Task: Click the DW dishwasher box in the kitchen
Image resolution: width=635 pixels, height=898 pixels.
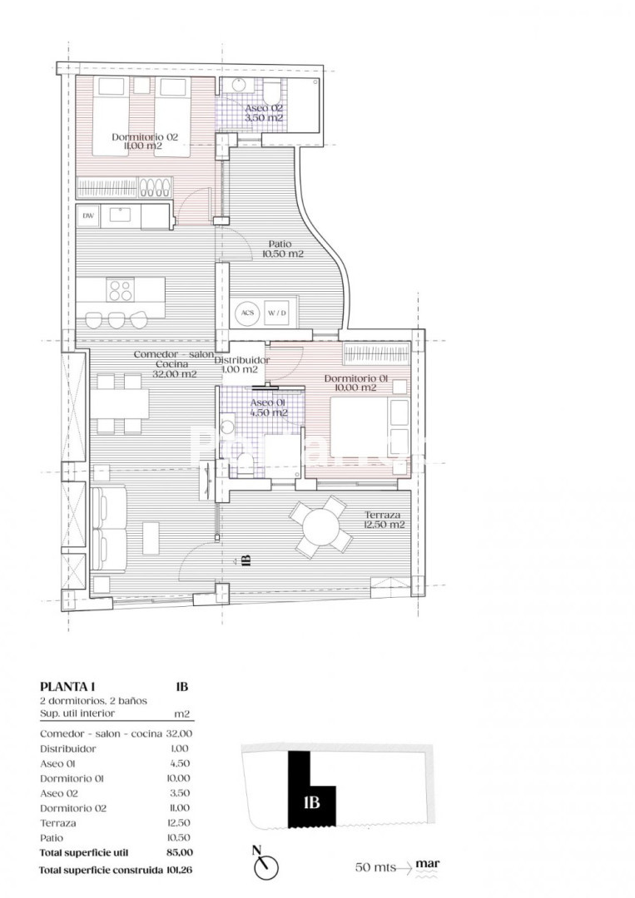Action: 89,216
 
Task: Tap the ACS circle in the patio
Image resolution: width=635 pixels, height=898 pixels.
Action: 247,313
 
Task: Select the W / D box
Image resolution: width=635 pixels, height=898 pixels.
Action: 276,313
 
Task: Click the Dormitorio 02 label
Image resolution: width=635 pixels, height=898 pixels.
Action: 145,141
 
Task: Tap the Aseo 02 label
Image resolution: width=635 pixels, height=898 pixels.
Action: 264,113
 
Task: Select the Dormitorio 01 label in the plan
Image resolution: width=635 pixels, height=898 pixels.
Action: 356,382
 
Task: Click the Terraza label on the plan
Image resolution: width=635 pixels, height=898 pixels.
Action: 384,520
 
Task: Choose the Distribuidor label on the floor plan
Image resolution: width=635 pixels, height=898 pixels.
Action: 242,365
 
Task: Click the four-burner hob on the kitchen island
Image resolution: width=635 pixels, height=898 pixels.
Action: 120,290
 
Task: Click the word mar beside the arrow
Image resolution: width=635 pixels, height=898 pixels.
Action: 428,864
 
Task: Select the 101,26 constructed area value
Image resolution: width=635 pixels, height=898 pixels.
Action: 179,871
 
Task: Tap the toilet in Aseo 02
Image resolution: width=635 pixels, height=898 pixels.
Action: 272,91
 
